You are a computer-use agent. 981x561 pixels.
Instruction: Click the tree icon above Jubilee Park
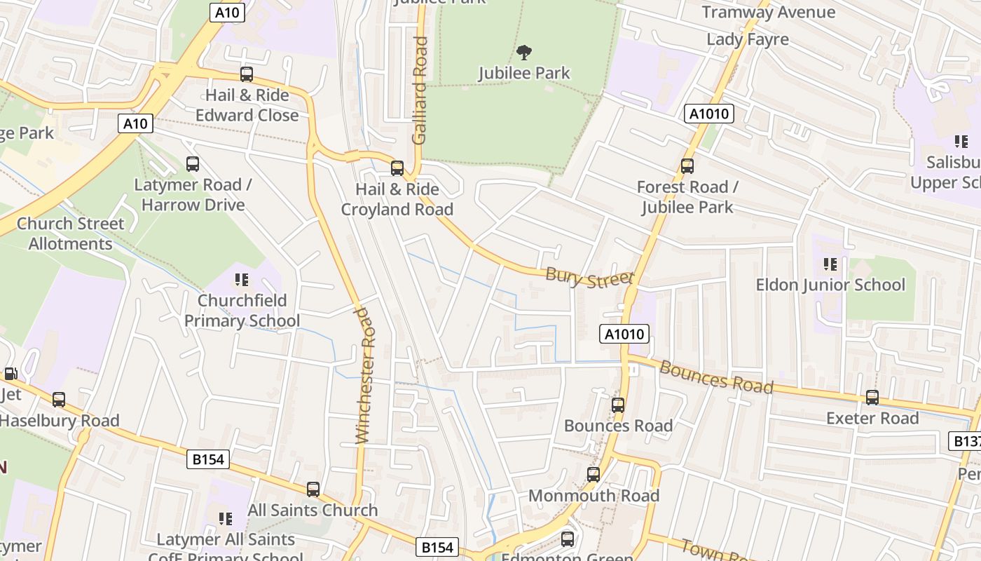click(523, 52)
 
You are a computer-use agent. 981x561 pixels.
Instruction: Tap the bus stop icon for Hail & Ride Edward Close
click(247, 74)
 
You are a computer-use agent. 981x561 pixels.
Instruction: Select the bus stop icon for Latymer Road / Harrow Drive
click(193, 164)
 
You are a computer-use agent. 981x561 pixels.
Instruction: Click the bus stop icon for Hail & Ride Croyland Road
click(397, 168)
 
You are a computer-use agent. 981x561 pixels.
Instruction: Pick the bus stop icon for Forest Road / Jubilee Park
click(687, 166)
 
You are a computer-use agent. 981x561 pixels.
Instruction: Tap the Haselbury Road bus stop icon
click(59, 400)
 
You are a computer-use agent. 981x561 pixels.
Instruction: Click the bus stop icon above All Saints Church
click(313, 489)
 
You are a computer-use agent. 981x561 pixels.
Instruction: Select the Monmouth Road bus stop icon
click(594, 475)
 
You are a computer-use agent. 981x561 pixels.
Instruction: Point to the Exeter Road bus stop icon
click(872, 398)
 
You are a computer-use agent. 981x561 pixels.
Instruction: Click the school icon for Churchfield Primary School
click(242, 280)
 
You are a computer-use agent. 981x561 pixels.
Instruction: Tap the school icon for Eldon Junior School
click(830, 264)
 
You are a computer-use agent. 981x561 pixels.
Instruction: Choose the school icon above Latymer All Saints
click(226, 519)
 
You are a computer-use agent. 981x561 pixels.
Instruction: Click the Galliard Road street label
click(420, 90)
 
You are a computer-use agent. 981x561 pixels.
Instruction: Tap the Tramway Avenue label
click(769, 12)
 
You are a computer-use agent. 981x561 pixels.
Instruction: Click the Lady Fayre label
click(748, 39)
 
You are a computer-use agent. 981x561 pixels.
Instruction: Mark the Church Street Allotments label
click(70, 234)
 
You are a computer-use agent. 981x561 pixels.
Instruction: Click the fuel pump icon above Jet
click(11, 374)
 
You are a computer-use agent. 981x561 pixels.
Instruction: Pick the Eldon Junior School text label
click(830, 285)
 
